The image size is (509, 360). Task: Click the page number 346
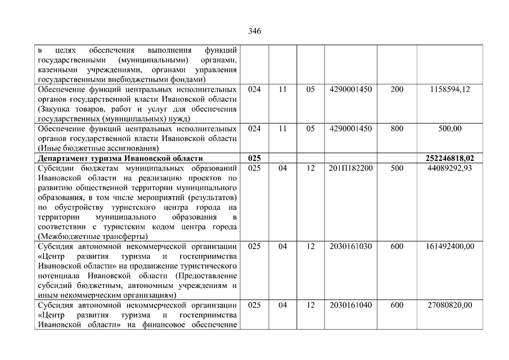(254, 31)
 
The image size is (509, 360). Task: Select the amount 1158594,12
(449, 89)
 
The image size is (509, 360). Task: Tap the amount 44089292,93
(449, 168)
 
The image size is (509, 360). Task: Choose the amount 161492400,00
(449, 246)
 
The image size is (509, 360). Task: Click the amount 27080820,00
(449, 305)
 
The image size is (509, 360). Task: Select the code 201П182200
(352, 168)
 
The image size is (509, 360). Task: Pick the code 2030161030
(352, 246)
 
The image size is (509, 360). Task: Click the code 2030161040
(352, 305)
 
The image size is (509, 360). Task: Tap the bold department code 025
(254, 159)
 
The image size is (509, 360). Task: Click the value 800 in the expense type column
(397, 129)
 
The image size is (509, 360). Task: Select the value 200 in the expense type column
(397, 89)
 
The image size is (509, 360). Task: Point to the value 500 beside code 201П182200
(397, 168)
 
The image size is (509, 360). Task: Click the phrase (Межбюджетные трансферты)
(92, 236)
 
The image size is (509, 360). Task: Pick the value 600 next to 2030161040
(397, 305)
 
